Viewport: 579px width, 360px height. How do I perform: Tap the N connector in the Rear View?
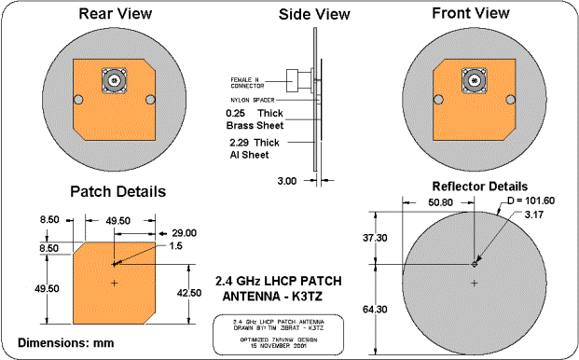tap(116, 80)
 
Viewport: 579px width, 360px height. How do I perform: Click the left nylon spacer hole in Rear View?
tap(80, 100)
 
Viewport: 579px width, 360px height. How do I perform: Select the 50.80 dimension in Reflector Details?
tap(438, 201)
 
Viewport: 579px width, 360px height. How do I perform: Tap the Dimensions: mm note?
tap(66, 342)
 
